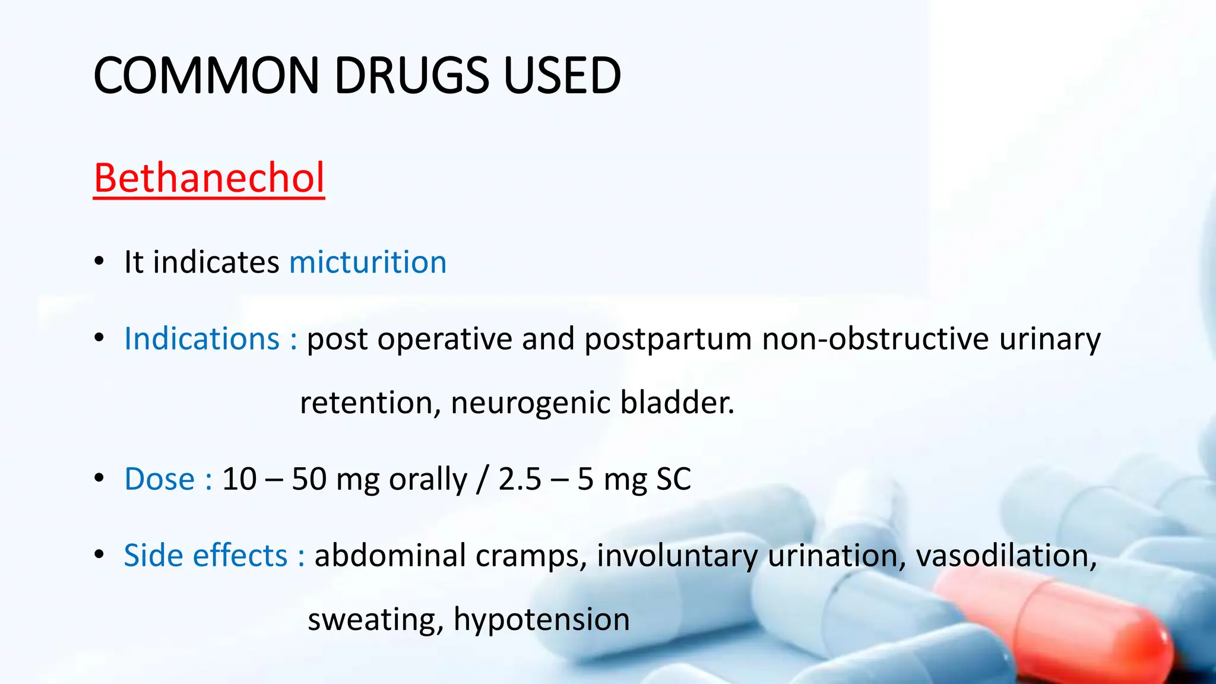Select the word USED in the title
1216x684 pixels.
coord(562,75)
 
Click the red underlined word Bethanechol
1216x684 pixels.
coord(209,178)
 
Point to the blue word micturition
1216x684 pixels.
coord(368,262)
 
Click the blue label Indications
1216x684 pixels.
coord(202,339)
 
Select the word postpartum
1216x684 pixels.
coord(668,339)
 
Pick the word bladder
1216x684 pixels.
coord(677,403)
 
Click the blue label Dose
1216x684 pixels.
coord(159,479)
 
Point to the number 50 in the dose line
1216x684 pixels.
coord(309,479)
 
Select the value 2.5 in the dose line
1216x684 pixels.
coord(520,479)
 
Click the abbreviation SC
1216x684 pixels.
coord(673,479)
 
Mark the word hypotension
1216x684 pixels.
coord(541,619)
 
